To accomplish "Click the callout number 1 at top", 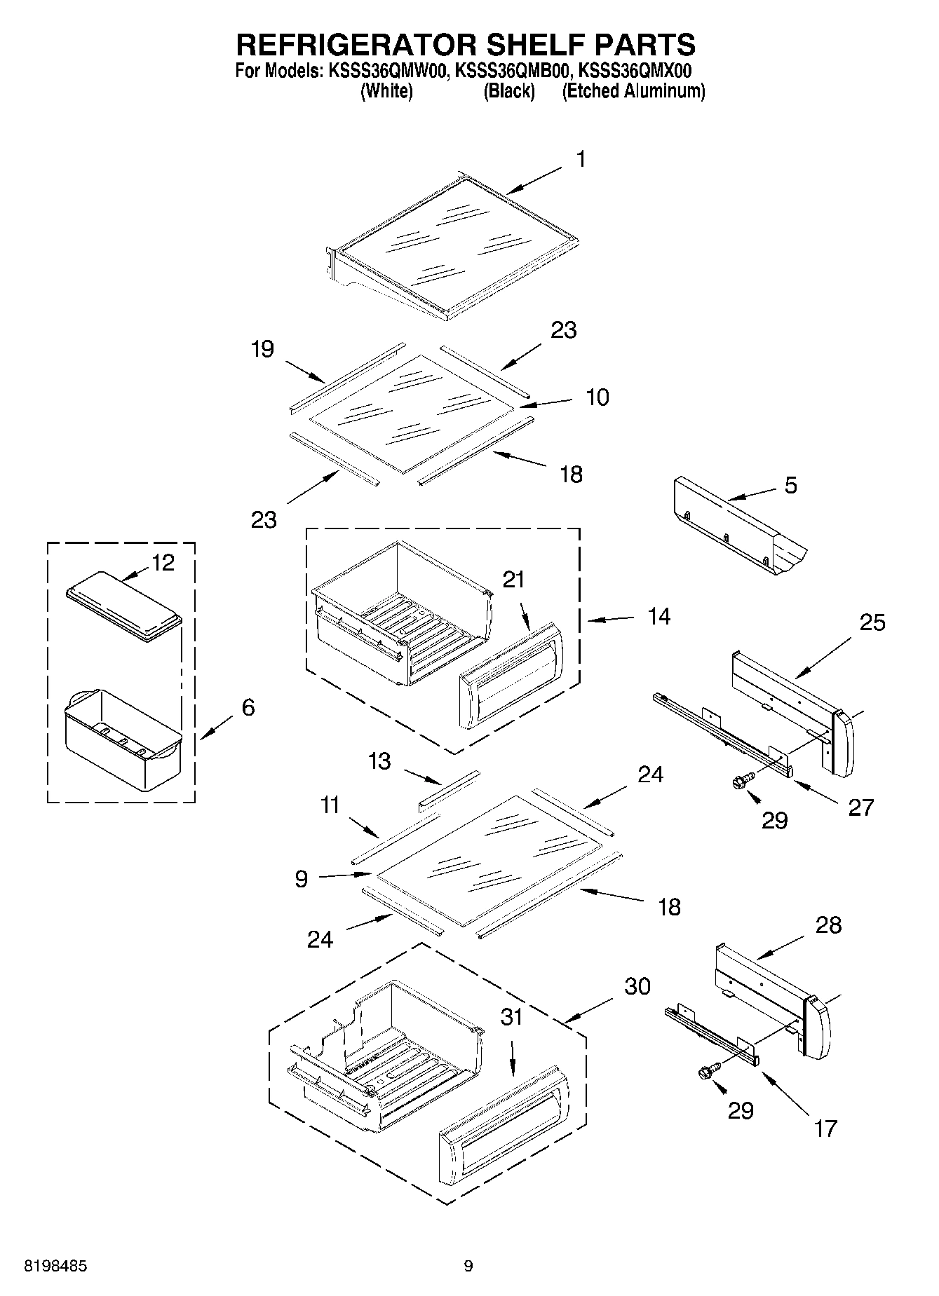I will tap(581, 160).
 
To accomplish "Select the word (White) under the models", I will tap(386, 91).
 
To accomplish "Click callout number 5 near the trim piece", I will tap(790, 485).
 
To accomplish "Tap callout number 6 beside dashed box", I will tap(248, 707).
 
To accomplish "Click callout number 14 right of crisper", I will tap(658, 617).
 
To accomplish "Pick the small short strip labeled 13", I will tap(449, 789).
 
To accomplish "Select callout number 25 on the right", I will tap(872, 622).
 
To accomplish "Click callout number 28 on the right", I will tap(828, 925).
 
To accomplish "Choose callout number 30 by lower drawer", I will tap(637, 986).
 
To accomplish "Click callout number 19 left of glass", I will tap(262, 349).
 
